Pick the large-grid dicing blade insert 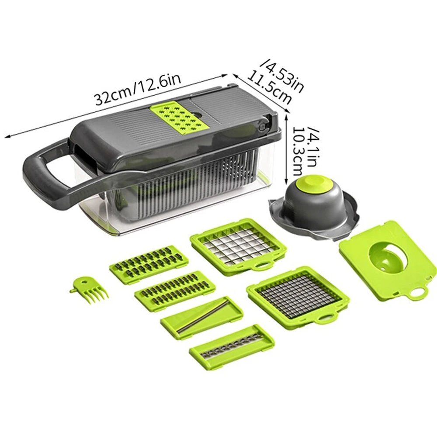(238, 246)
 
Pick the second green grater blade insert (175, 289)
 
